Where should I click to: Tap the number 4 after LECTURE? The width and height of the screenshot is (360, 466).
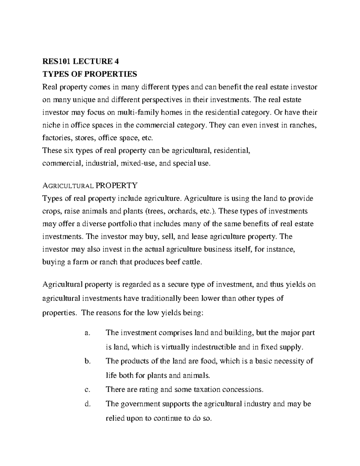coord(116,62)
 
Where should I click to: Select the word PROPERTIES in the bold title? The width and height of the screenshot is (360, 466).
coord(111,74)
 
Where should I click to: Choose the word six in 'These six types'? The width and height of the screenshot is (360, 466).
coord(70,151)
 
